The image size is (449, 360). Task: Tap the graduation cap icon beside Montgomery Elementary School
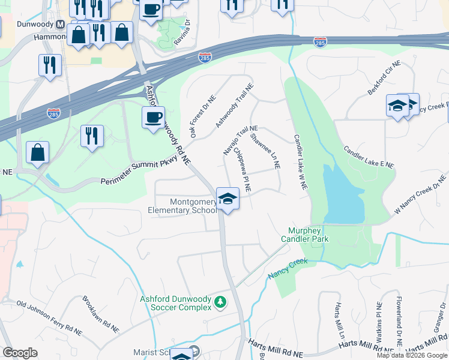point(228,199)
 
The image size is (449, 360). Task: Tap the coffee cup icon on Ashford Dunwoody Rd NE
point(153,117)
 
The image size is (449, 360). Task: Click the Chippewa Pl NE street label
point(242,170)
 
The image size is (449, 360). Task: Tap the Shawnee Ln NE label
point(265,152)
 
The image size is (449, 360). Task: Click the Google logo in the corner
point(20,353)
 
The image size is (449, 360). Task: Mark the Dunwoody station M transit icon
point(59,25)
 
